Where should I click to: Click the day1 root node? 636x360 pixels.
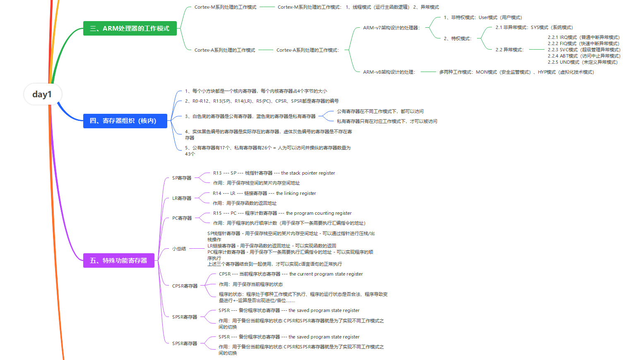[42, 94]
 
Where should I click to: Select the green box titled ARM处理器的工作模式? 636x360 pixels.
[130, 29]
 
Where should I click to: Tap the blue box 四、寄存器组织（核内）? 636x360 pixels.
[125, 121]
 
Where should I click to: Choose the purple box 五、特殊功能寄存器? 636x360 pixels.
[118, 261]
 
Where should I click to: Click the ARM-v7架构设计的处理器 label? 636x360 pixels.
[391, 28]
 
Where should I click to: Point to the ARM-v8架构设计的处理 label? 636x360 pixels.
[389, 72]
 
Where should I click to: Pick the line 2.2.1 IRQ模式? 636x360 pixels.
[583, 37]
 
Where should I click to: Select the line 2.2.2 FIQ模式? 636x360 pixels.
[583, 43]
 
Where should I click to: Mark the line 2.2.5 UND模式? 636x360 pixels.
[583, 62]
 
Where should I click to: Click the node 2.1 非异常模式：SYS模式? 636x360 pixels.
[534, 27]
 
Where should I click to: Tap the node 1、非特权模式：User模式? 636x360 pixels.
[483, 17]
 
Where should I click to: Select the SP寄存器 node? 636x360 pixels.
[182, 178]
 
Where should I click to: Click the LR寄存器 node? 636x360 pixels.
[182, 198]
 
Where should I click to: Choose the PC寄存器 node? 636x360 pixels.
[182, 218]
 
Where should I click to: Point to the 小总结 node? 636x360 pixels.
[179, 249]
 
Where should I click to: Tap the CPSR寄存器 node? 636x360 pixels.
[185, 286]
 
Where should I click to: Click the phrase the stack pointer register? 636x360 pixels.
[308, 173]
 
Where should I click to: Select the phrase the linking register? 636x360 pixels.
[296, 193]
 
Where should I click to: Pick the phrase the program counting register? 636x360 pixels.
[319, 213]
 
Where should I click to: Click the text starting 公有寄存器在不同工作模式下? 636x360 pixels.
[380, 111]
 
